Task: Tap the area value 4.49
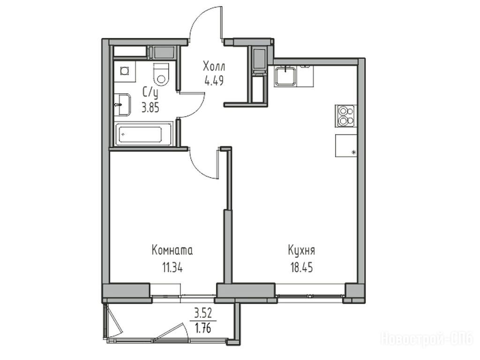[214, 81]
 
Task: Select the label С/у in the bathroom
[150, 92]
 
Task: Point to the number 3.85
[150, 108]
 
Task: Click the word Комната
[172, 250]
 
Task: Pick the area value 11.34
[172, 268]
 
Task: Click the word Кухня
[301, 251]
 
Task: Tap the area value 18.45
[301, 268]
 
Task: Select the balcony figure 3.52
[203, 314]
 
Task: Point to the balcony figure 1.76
[203, 328]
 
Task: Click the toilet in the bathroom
[161, 74]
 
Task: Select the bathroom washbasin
[123, 105]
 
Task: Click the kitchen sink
[285, 75]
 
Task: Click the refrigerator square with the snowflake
[346, 145]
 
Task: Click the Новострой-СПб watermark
[427, 339]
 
